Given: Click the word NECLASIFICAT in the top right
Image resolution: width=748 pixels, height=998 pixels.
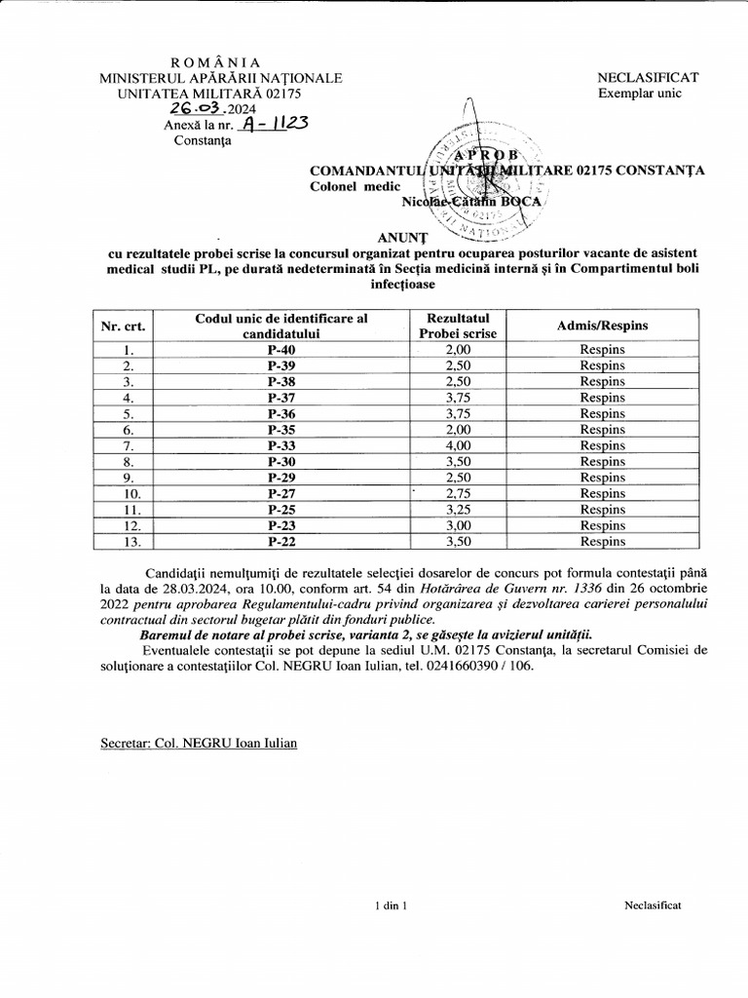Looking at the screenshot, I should click(x=648, y=77).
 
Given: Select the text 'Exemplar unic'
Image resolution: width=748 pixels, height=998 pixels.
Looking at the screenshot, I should click(x=640, y=93).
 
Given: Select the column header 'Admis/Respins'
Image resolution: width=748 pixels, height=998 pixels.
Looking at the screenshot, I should click(x=602, y=326).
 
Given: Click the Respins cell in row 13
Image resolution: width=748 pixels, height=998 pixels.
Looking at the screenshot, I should click(x=602, y=541).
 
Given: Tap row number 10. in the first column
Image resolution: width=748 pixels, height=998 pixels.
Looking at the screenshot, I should click(x=127, y=493).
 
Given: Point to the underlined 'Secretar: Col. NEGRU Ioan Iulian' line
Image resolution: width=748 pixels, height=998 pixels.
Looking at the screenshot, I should click(x=200, y=743).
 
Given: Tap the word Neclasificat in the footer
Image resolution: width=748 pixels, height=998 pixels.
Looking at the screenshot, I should click(x=652, y=905).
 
